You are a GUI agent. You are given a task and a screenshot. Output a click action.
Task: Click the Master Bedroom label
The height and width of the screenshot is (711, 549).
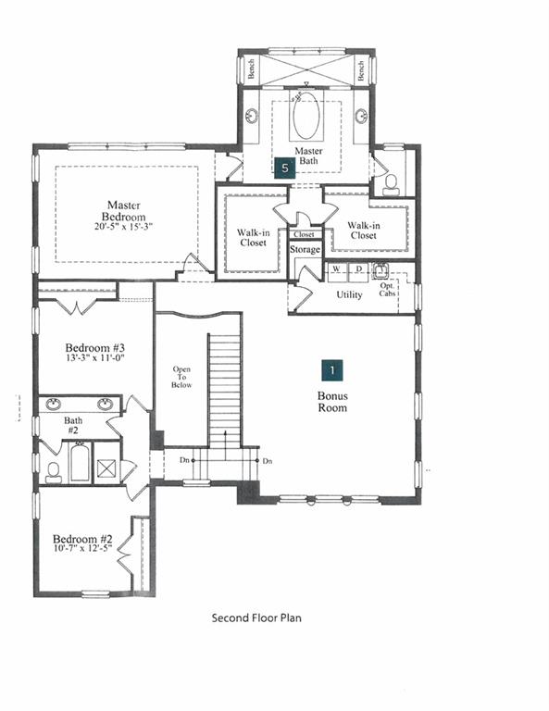124,211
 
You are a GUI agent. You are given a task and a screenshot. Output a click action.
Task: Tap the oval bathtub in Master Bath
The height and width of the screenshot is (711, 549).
306,115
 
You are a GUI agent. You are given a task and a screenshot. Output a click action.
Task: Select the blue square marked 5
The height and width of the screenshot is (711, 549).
285,168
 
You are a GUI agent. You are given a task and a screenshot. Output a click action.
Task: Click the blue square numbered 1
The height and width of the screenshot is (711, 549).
332,370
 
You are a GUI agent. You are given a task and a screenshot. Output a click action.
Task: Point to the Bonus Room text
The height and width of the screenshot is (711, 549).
332,402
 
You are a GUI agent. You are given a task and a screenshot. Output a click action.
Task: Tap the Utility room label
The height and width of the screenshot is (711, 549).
349,294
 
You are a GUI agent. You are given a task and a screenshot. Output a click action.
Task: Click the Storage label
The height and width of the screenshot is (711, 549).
306,249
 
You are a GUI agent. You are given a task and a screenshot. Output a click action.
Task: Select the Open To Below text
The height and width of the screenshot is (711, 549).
181,378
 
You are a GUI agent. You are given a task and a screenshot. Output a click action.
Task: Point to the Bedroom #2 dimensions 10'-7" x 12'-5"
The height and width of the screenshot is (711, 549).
82,548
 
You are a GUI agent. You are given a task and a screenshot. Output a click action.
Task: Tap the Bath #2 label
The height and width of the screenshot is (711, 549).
73,425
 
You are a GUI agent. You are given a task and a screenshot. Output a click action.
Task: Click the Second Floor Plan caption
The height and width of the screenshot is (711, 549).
256,617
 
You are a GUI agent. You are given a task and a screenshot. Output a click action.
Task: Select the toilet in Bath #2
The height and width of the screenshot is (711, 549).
54,473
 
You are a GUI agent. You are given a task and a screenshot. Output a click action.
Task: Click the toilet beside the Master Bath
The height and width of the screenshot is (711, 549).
391,185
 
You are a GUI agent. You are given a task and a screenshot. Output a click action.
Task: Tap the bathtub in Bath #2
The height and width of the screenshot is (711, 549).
80,462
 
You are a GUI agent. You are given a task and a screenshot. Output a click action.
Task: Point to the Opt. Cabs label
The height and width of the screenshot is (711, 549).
387,290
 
